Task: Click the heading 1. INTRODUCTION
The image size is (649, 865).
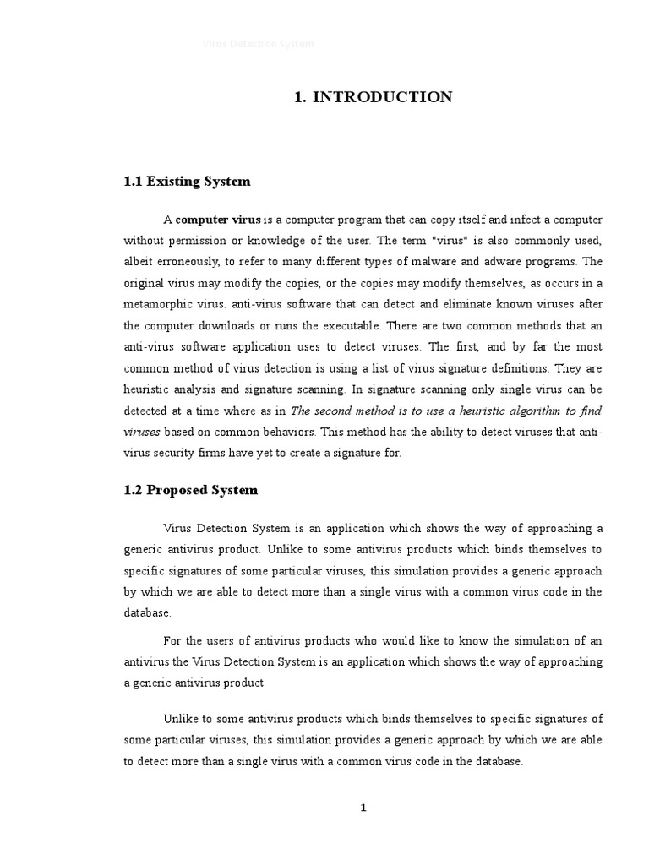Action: (373, 97)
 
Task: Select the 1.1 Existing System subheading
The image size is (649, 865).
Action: (187, 182)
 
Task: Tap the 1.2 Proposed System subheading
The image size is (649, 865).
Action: (190, 490)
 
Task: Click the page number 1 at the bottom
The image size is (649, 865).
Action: (363, 808)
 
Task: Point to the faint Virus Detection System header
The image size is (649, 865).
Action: (258, 43)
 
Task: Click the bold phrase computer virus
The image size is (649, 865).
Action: (218, 220)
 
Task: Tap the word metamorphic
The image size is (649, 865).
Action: (158, 304)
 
